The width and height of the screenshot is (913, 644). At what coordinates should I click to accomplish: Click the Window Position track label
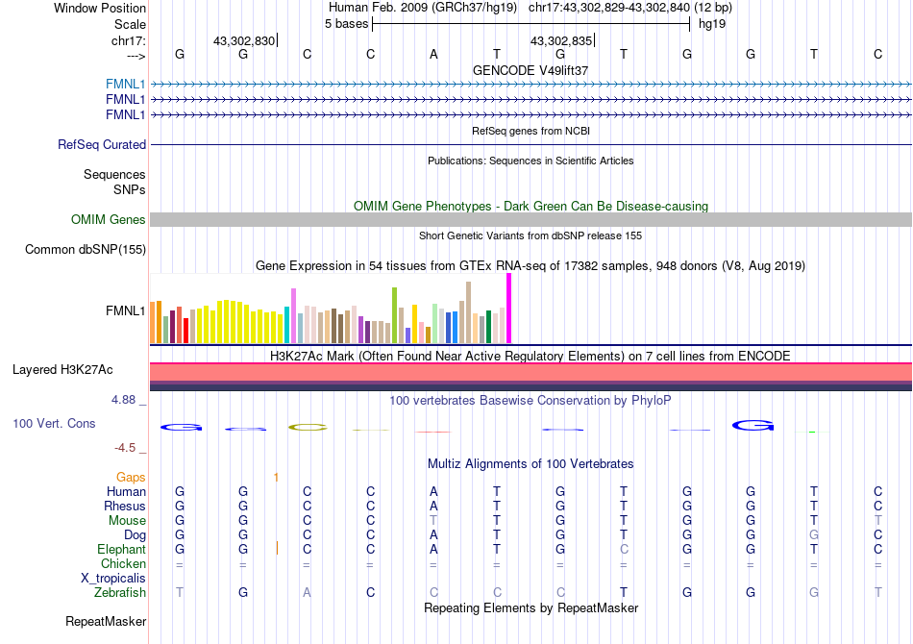pos(100,8)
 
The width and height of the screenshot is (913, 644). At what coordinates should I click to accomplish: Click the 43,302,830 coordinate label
pos(244,40)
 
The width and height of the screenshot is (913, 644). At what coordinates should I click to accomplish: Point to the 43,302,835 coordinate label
pos(560,40)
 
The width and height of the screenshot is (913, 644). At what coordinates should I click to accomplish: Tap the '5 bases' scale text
pos(346,24)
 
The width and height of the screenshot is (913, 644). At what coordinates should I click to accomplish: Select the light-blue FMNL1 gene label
pos(125,84)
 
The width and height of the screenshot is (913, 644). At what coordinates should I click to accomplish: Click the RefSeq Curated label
pos(102,144)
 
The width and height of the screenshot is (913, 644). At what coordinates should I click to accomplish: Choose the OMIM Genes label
pos(109,219)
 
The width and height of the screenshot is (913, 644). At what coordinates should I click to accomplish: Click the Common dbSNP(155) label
pos(86,249)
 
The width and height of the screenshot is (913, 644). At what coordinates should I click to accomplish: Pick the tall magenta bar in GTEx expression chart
pos(509,309)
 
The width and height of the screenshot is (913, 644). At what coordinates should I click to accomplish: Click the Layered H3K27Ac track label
pos(62,370)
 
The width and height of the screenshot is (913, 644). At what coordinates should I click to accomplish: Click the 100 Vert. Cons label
pos(54,423)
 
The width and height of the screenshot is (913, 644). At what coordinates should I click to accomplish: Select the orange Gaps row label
pos(131,478)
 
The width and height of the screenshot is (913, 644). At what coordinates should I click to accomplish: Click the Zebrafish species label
pos(120,592)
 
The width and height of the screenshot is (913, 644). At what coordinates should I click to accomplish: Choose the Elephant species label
pos(122,549)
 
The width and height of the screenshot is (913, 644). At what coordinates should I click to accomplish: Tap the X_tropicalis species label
pos(113,579)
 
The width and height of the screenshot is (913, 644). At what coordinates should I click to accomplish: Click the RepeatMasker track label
pos(106,621)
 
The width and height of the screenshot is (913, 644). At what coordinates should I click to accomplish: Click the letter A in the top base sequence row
pos(433,54)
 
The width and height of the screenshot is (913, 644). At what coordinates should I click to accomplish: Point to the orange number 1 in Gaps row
pos(276,478)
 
